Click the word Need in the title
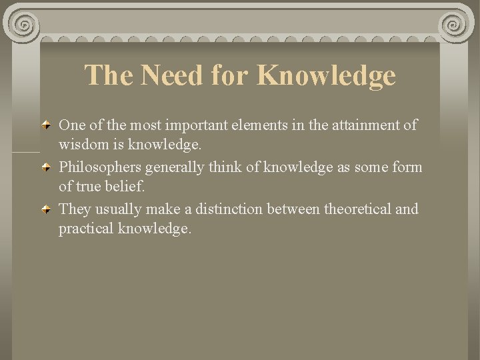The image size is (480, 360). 161,75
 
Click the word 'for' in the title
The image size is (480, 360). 227,75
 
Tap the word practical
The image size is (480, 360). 85,229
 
